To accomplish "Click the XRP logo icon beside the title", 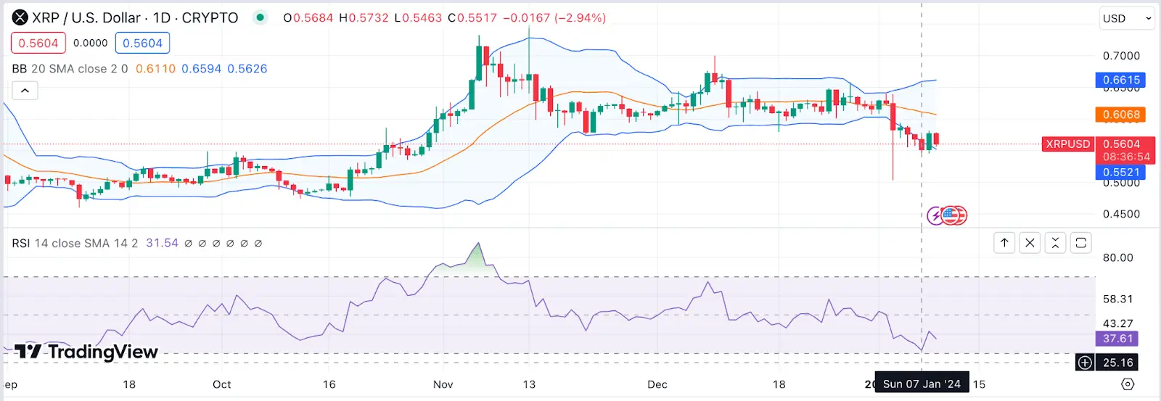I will (20, 17).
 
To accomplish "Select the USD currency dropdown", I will (1126, 18).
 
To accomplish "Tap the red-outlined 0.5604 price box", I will (38, 44).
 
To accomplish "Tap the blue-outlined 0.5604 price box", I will (142, 44).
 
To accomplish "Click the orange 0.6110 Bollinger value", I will (155, 69).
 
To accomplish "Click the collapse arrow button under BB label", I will (25, 91).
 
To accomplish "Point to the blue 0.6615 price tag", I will (1120, 80).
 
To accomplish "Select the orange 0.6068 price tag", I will (1120, 115).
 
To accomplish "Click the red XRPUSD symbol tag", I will (1067, 144).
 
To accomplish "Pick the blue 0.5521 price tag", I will (1120, 173).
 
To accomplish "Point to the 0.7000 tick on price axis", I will (1121, 56).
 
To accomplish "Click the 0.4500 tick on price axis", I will (1121, 214).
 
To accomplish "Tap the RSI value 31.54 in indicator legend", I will (162, 244).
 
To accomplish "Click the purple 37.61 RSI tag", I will (1117, 339).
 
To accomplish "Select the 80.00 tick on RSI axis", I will (1117, 257).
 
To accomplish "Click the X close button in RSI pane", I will (1030, 243).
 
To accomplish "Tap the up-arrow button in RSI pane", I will (1004, 243).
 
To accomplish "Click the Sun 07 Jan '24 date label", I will (922, 384).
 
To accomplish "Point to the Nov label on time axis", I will (443, 384).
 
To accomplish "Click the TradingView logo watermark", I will (86, 352).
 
